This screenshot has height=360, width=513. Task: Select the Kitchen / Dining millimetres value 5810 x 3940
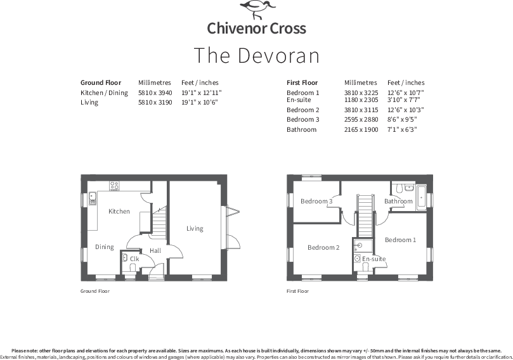pyautogui.click(x=150, y=93)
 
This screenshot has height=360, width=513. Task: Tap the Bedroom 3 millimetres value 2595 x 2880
pyautogui.click(x=361, y=119)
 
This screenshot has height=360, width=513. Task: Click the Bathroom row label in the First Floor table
pyautogui.click(x=301, y=129)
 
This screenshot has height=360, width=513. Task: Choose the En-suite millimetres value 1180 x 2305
pyautogui.click(x=361, y=100)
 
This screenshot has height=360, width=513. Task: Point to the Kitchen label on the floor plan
pyautogui.click(x=119, y=211)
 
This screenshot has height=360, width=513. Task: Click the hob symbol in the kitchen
pyautogui.click(x=115, y=186)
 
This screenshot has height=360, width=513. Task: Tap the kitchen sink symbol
pyautogui.click(x=92, y=196)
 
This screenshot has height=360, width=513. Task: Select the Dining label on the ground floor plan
pyautogui.click(x=105, y=247)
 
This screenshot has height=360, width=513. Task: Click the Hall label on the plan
pyautogui.click(x=156, y=251)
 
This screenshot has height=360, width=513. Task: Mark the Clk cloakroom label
pyautogui.click(x=134, y=259)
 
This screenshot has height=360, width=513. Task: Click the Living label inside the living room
pyautogui.click(x=195, y=228)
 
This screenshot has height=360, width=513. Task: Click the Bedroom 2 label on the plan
pyautogui.click(x=323, y=247)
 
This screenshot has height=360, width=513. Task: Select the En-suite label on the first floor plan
pyautogui.click(x=374, y=259)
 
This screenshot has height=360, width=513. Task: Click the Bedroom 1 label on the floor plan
pyautogui.click(x=400, y=240)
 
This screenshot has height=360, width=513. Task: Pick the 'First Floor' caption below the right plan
pyautogui.click(x=297, y=292)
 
